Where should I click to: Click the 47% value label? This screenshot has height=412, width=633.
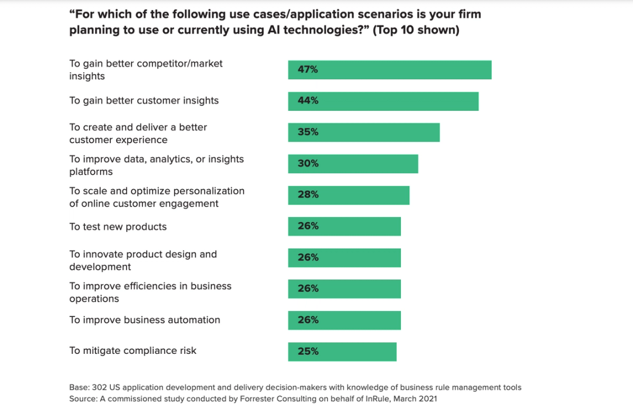pyautogui.click(x=308, y=69)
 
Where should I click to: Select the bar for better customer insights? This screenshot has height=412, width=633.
pyautogui.click(x=383, y=101)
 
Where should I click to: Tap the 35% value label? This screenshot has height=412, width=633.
pyautogui.click(x=308, y=132)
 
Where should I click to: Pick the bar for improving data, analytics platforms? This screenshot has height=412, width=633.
pyautogui.click(x=353, y=164)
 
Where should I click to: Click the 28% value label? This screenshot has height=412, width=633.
pyautogui.click(x=308, y=195)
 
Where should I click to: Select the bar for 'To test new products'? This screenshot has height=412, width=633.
pyautogui.click(x=344, y=227)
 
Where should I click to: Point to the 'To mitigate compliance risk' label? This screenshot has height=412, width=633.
pyautogui.click(x=133, y=350)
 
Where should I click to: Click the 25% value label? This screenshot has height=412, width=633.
pyautogui.click(x=308, y=352)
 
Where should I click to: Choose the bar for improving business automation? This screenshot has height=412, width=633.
pyautogui.click(x=344, y=320)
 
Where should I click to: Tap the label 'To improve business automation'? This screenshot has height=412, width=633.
pyautogui.click(x=145, y=320)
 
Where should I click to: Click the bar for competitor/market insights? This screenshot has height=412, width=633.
pyautogui.click(x=389, y=69)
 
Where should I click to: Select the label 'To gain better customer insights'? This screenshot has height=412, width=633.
pyautogui.click(x=144, y=100)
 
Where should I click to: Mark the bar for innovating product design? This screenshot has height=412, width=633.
pyautogui.click(x=344, y=258)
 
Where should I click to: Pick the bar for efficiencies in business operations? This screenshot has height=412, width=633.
pyautogui.click(x=344, y=289)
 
